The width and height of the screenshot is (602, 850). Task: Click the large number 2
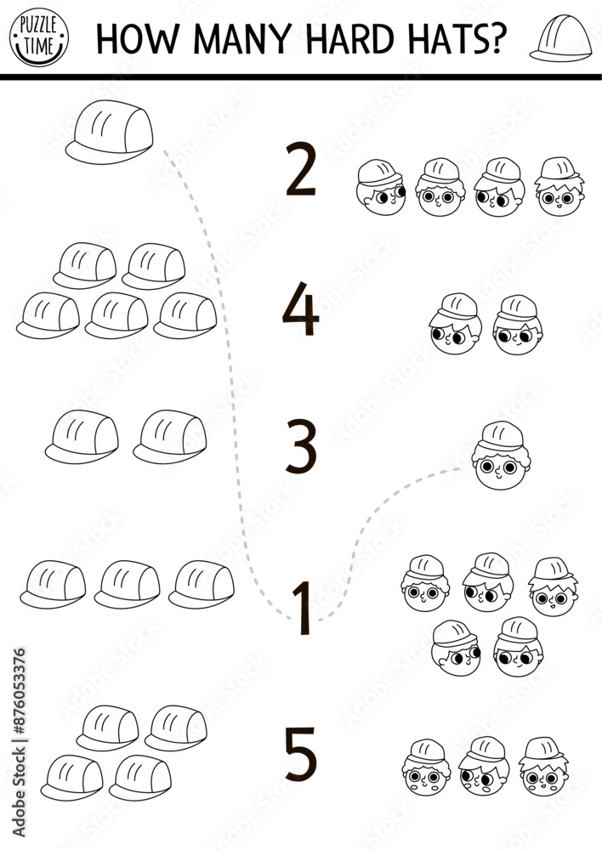(x=300, y=172)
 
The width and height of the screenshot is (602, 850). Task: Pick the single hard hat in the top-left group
(x=111, y=132)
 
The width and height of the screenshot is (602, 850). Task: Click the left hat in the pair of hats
(x=82, y=437)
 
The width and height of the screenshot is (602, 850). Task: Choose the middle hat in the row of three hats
(x=127, y=585)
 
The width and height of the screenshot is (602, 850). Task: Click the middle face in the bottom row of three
(x=483, y=766)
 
